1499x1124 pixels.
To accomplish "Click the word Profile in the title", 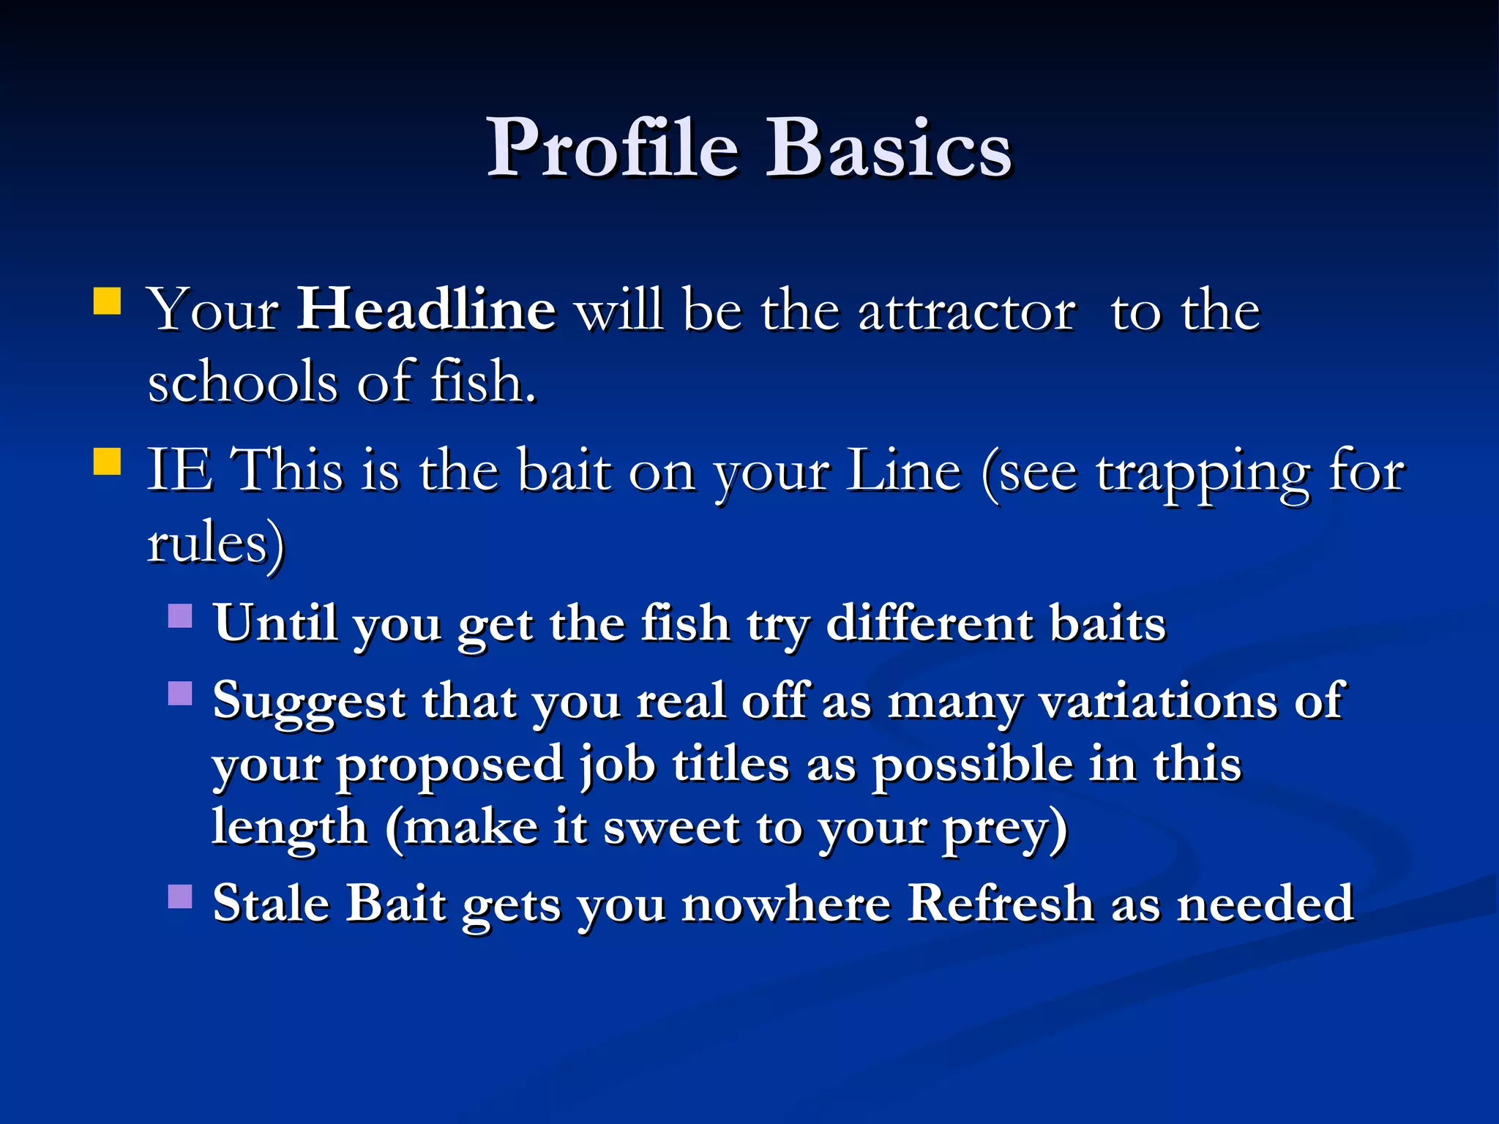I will click(613, 148).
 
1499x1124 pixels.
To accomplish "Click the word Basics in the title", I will click(888, 148).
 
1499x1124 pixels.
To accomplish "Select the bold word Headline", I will click(426, 310).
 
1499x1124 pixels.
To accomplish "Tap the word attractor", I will click(967, 312).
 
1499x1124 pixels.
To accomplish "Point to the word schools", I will click(242, 382).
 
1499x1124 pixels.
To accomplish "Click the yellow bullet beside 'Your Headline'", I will click(108, 301).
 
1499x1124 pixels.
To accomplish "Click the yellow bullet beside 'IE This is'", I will click(108, 462).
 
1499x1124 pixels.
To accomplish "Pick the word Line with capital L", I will click(903, 471).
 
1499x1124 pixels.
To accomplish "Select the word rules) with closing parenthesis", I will click(216, 544).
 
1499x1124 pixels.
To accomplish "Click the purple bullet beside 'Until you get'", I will click(180, 615).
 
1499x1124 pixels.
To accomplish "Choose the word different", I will click(930, 623).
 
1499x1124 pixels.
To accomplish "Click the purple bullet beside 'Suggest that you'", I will click(180, 692).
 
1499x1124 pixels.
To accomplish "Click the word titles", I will click(730, 765).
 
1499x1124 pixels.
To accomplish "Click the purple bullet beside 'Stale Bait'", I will click(180, 896).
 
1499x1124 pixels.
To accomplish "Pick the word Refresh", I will click(1001, 903).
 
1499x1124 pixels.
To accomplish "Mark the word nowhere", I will click(786, 903).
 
